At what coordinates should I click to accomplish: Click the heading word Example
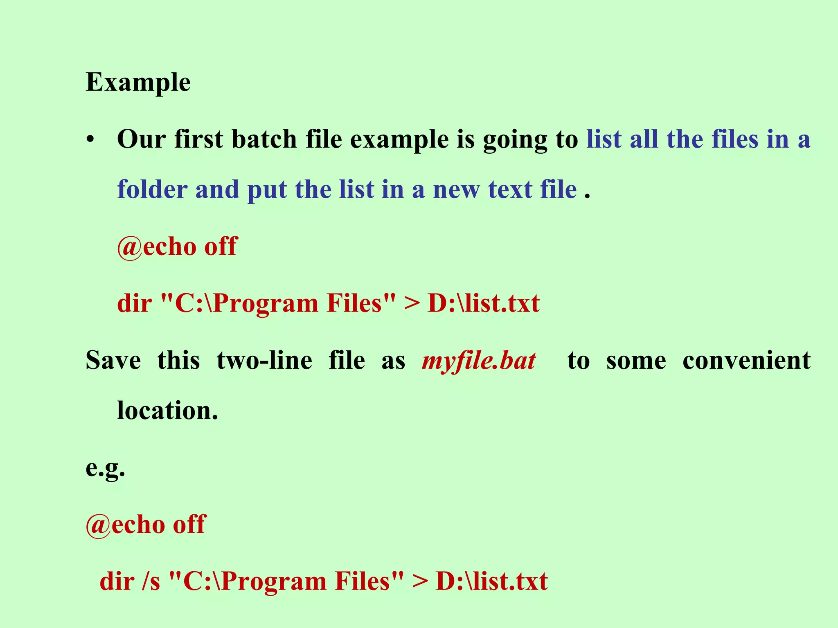(x=138, y=83)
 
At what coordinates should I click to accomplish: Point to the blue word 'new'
(x=456, y=190)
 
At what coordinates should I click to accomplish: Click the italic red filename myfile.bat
(x=479, y=361)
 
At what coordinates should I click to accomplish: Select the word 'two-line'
(x=264, y=361)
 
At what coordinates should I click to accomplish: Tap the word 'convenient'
(x=746, y=361)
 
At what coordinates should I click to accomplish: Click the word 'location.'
(x=167, y=410)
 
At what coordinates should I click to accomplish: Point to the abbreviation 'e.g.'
(x=105, y=469)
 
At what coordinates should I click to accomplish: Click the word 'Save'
(x=113, y=361)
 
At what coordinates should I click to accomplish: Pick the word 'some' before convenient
(x=636, y=361)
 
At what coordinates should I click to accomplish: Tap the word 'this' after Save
(x=178, y=361)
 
